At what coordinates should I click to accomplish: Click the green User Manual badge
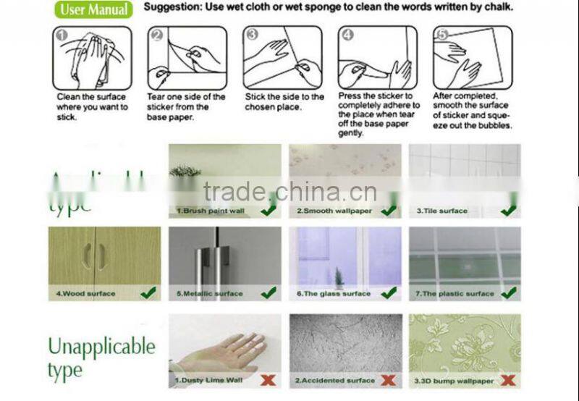click(x=95, y=9)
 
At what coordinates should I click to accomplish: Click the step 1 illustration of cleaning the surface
click(x=92, y=58)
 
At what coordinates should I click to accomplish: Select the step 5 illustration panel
click(x=472, y=58)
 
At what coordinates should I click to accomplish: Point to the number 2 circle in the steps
click(x=157, y=35)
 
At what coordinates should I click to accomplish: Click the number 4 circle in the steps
click(x=347, y=35)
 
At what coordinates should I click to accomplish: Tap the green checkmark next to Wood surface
click(x=148, y=292)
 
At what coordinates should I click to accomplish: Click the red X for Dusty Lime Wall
click(x=268, y=379)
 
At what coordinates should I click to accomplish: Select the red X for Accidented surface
click(x=389, y=379)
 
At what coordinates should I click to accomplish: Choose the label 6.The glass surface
click(x=333, y=294)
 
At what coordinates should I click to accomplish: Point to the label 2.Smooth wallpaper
click(x=334, y=211)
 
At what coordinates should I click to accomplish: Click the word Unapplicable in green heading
click(x=101, y=347)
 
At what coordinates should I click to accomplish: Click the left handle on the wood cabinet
click(x=87, y=256)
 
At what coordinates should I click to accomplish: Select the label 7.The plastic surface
click(x=454, y=294)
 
